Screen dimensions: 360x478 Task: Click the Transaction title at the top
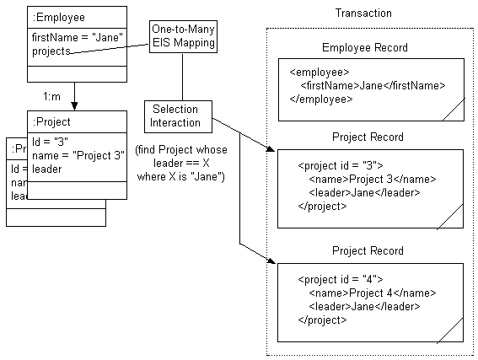click(363, 14)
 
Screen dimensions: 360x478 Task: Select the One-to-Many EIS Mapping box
click(182, 36)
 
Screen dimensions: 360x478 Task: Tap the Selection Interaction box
click(177, 116)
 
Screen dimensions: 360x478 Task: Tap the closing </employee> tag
click(321, 99)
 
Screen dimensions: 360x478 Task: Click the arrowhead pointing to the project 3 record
click(271, 149)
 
